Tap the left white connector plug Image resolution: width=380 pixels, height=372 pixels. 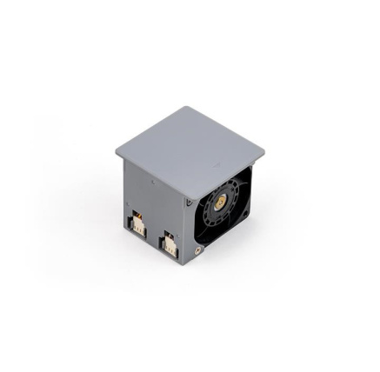[x=139, y=224]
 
